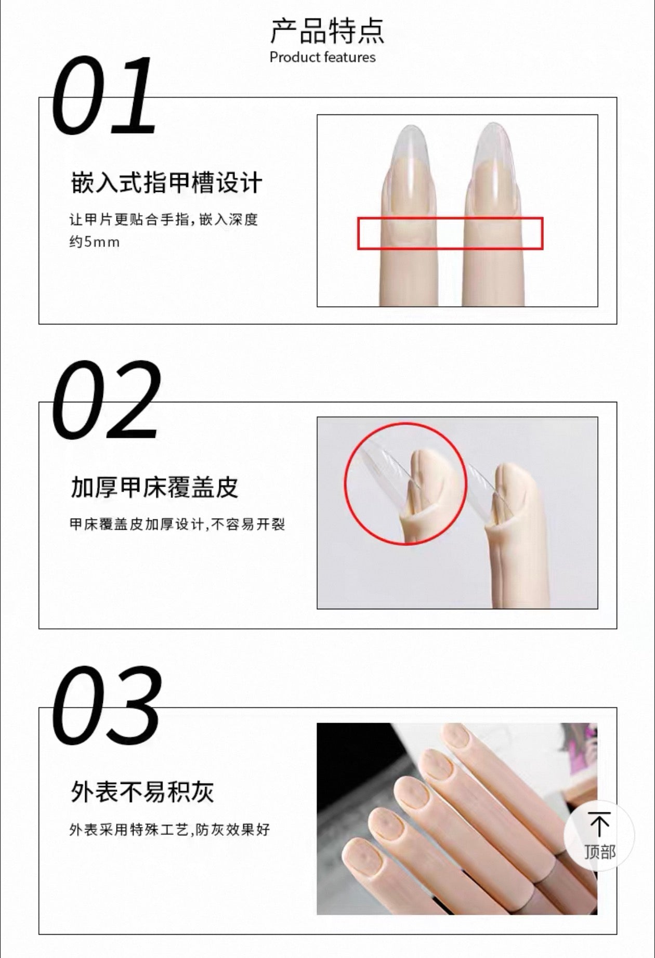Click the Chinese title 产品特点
point(327,31)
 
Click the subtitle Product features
point(322,57)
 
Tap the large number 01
point(104,96)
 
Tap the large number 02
point(106,399)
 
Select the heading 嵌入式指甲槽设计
point(166,183)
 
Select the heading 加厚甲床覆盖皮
point(154,488)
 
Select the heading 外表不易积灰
point(142,792)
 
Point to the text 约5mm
point(95,242)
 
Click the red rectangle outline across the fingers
point(450,218)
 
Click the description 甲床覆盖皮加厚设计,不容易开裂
point(177,524)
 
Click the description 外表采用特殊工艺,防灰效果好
point(170,830)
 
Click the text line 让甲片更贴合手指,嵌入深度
point(164,219)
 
